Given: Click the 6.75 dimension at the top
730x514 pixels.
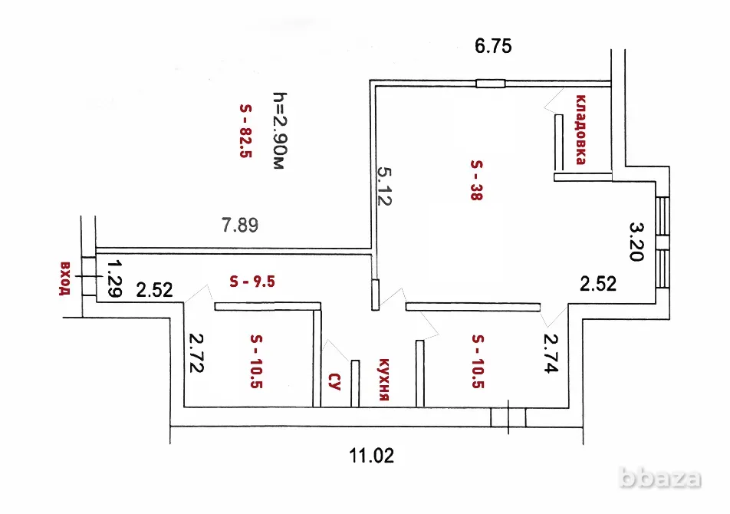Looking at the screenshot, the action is (x=493, y=46).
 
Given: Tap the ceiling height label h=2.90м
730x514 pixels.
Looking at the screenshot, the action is (x=280, y=131).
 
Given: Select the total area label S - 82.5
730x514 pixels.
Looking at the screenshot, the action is (x=245, y=131).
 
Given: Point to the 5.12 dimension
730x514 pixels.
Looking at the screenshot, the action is (x=385, y=186).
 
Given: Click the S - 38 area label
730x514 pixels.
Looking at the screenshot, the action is (x=476, y=180).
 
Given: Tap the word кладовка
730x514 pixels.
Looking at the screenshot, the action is (x=580, y=130).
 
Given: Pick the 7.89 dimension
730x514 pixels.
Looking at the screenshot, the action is (x=240, y=226).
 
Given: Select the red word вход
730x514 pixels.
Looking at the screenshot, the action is (x=64, y=279).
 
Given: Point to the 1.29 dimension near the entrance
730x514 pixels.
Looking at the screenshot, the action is (x=114, y=278).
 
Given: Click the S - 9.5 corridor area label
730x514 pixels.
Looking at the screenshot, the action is (x=252, y=282).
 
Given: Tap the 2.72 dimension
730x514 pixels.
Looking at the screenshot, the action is (x=196, y=353).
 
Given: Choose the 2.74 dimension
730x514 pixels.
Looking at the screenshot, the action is (x=551, y=354).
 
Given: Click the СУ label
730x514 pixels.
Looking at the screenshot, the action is (x=334, y=381).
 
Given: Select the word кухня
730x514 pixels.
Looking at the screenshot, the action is (x=383, y=380).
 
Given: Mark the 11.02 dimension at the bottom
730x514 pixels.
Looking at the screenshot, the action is (x=371, y=456).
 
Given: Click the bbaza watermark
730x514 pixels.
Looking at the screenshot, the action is (x=660, y=478).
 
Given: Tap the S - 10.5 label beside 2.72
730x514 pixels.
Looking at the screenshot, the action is (x=257, y=361).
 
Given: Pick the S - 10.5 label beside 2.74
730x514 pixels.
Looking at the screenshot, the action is (x=478, y=361).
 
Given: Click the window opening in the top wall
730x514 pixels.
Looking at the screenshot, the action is (x=491, y=84).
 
